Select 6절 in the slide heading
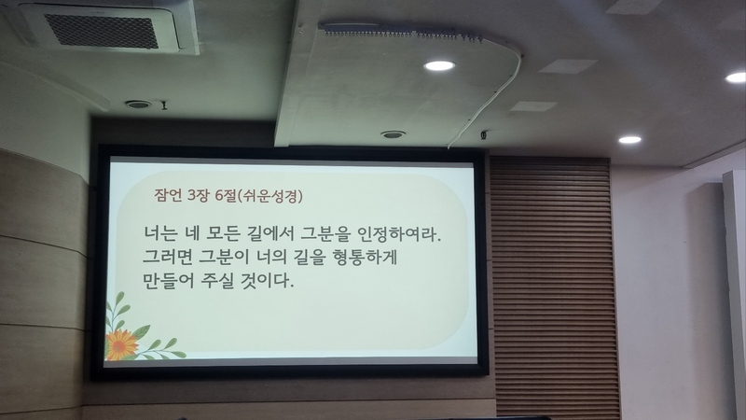click(x=226, y=195)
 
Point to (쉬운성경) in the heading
click(x=269, y=195)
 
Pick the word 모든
click(x=223, y=234)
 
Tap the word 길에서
click(x=270, y=234)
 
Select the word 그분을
click(x=325, y=234)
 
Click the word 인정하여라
click(x=400, y=234)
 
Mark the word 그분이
click(x=223, y=258)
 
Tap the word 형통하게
click(x=365, y=258)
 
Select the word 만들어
click(x=169, y=281)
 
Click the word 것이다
click(x=268, y=281)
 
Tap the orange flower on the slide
click(x=121, y=344)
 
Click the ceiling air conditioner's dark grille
click(x=102, y=31)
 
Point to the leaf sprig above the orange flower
click(x=117, y=309)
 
